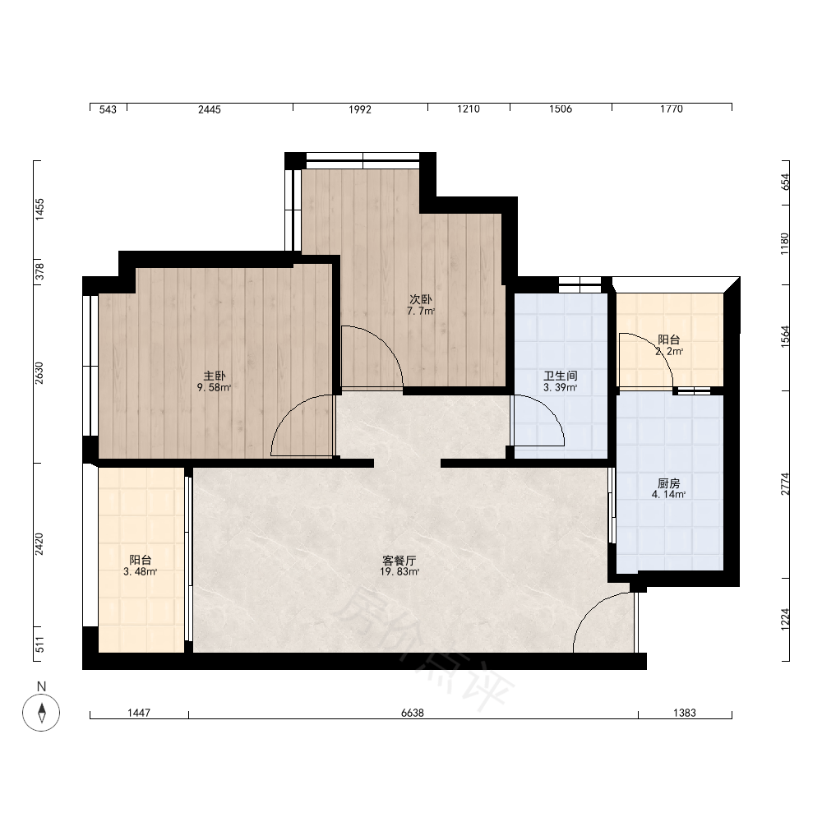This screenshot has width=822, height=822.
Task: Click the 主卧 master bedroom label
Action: point(215,376)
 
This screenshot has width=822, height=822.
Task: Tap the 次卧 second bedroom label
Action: point(420,299)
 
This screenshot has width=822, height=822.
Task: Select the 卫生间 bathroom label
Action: point(561,376)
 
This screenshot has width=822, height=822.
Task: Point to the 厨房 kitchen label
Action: point(668,483)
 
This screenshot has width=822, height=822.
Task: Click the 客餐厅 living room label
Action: point(399,561)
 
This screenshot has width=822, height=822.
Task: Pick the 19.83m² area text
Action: point(399,572)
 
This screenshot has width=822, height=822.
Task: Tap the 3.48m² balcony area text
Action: point(141,572)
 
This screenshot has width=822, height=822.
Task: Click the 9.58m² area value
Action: point(215,388)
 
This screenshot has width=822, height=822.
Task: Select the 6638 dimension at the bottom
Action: point(413,713)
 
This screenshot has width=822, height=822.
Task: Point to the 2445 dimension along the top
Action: point(210,109)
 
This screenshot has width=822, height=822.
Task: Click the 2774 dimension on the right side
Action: point(785,484)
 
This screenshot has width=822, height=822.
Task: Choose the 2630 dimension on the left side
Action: point(39,372)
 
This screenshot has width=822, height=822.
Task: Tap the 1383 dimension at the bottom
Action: point(685,713)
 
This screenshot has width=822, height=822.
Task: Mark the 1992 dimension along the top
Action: point(360,109)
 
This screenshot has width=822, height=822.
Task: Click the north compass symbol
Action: point(41,713)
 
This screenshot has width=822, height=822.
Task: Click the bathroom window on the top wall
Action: point(580,284)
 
